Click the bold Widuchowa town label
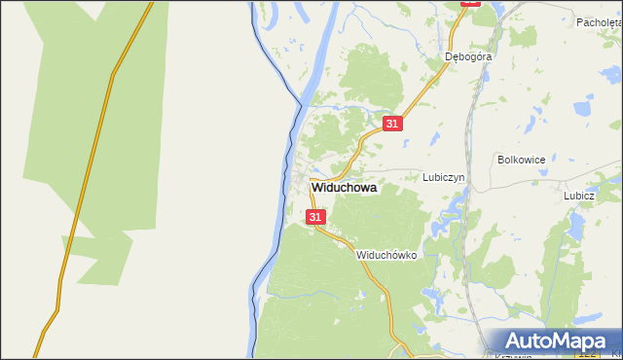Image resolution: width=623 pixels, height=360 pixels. (344, 189)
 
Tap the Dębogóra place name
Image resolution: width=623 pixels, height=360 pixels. (468, 56)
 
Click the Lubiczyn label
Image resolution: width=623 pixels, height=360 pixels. (446, 178)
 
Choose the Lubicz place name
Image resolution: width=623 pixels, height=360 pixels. (578, 195)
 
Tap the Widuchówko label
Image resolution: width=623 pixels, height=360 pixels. (386, 255)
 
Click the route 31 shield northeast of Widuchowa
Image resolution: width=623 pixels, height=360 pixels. (391, 124)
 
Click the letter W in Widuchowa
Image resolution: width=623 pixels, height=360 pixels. (315, 189)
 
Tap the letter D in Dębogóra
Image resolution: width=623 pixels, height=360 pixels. (449, 56)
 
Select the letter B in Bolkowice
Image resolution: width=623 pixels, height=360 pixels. (500, 159)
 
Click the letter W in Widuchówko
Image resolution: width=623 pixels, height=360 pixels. (361, 255)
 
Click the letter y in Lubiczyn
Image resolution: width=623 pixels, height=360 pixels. (458, 179)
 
